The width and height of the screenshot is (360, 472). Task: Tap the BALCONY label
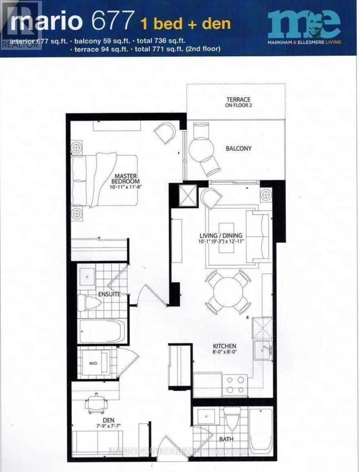click(x=239, y=149)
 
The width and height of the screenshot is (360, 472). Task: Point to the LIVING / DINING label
click(x=222, y=236)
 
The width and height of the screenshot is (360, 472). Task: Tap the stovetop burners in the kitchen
click(x=235, y=385)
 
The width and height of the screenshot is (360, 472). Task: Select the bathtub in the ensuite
click(x=101, y=331)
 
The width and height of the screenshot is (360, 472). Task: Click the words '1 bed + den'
click(x=186, y=23)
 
